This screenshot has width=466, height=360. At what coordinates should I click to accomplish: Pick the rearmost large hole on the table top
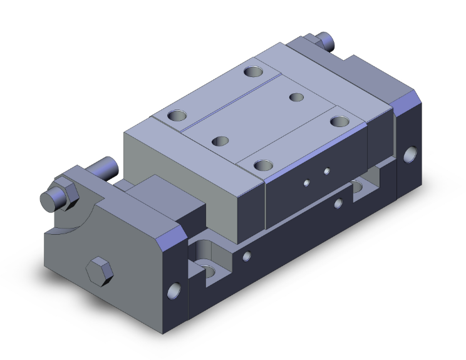pyautogui.click(x=254, y=71)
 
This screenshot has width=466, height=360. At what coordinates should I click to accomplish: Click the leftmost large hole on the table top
pyautogui.click(x=177, y=116)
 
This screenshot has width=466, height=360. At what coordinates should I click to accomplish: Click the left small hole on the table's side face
pyautogui.click(x=306, y=182)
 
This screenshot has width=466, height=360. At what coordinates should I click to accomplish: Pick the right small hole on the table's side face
pyautogui.click(x=326, y=171)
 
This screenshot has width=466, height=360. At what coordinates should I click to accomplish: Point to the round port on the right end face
pyautogui.click(x=411, y=154)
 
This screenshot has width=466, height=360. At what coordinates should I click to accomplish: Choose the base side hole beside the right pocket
pyautogui.click(x=338, y=203)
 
